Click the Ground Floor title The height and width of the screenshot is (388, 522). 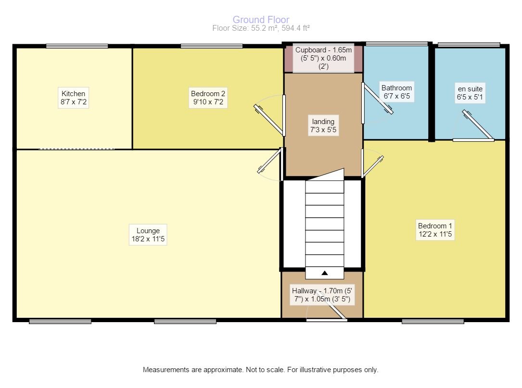(x=261, y=20)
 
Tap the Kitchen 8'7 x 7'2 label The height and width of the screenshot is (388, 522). (x=73, y=98)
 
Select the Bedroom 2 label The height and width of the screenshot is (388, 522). (x=208, y=98)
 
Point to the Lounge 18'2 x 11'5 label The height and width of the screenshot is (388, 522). (x=148, y=235)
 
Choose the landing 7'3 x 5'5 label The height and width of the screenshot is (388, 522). (x=322, y=126)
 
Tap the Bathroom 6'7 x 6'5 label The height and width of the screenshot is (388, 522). (x=396, y=92)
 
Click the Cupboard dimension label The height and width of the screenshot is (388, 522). (x=323, y=58)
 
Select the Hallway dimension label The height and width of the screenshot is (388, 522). (x=322, y=295)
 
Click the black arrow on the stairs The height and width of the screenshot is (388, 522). (x=325, y=273)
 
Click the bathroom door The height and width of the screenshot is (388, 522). (x=379, y=99)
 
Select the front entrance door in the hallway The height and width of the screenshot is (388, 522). (x=327, y=319)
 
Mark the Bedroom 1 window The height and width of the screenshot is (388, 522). (x=433, y=321)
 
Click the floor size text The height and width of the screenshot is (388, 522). (x=261, y=28)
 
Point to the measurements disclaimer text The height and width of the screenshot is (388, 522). (x=261, y=370)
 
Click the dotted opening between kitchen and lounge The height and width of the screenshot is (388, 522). (x=76, y=149)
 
